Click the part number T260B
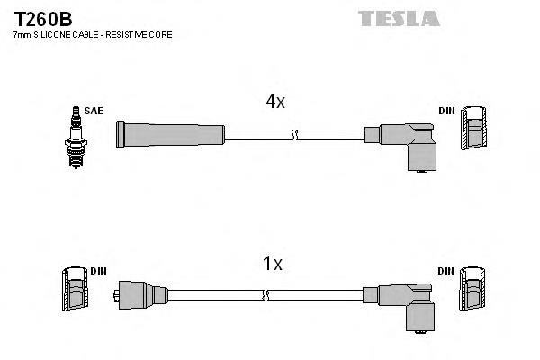[43, 17]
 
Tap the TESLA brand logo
[398, 18]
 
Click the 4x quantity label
[274, 102]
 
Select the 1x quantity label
[272, 264]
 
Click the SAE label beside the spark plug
[94, 111]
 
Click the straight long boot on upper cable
[169, 134]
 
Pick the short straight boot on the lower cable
[143, 293]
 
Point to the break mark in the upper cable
[295, 135]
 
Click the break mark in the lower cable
[265, 294]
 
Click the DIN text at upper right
[446, 111]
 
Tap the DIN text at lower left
[98, 270]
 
